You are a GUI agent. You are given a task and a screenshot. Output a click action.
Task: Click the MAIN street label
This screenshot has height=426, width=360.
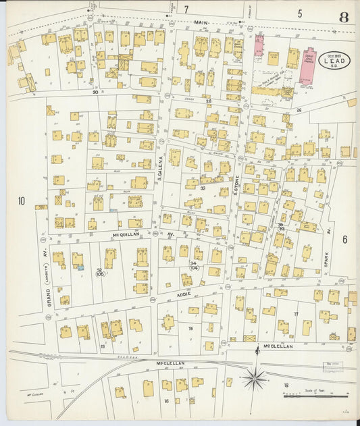(x=201, y=22)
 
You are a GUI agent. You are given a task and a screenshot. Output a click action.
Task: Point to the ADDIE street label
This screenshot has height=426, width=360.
(x=184, y=294)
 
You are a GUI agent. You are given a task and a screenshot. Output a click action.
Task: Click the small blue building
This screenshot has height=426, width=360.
(x=81, y=268)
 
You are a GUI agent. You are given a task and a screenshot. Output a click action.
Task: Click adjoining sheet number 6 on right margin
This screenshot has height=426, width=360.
(x=344, y=239)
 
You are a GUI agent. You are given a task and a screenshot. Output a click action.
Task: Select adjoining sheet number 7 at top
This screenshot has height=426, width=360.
(x=186, y=9)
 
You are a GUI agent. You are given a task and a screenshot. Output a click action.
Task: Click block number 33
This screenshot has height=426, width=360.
(x=203, y=188)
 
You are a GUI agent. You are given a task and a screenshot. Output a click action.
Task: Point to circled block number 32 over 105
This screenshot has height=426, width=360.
(x=99, y=272)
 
